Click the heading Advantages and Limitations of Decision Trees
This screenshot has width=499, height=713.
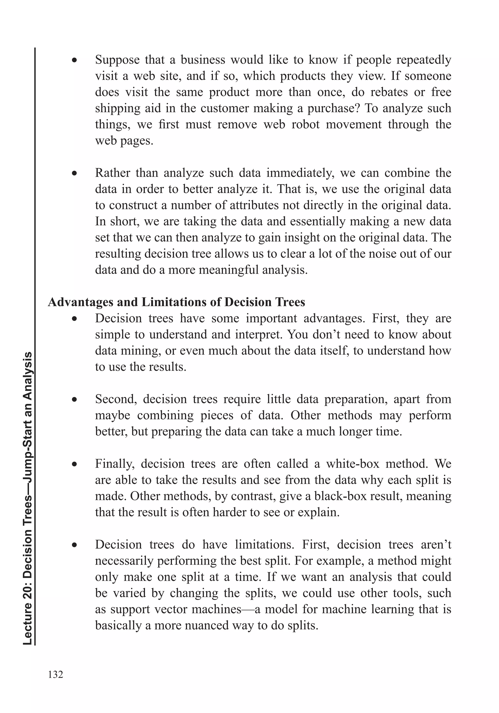(176, 302)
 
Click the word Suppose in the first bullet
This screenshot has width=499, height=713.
(117, 60)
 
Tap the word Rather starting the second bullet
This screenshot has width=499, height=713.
(112, 173)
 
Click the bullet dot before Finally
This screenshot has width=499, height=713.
(74, 464)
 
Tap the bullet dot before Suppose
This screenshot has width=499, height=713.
(74, 60)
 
